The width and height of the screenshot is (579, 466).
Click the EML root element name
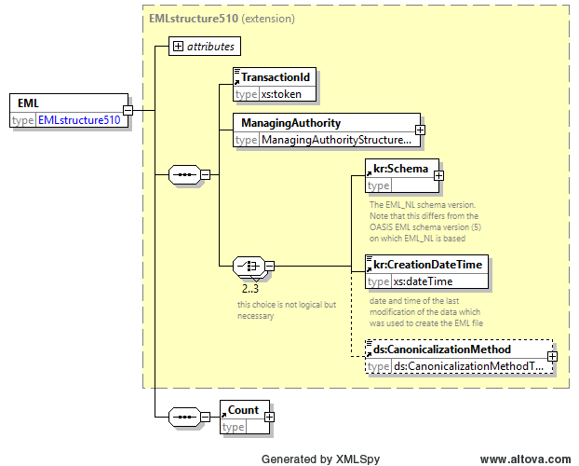coord(29,103)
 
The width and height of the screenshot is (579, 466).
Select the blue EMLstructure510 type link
coord(79,120)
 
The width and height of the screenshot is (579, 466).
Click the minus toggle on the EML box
coord(128,110)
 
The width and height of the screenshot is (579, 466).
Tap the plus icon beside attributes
coord(178,47)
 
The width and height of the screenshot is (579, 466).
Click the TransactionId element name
coord(276,77)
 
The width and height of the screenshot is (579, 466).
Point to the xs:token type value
coord(281,94)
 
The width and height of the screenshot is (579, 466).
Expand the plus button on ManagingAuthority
coord(420,130)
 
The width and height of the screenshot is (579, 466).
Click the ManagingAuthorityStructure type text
coord(336,140)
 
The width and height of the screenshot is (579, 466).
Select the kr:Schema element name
coord(400,169)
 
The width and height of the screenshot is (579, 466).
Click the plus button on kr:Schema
coord(438,175)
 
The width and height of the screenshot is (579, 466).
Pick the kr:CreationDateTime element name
coord(427,265)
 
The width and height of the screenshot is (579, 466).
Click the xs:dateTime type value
coord(424,281)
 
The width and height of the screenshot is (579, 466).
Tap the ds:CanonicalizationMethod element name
coord(442,349)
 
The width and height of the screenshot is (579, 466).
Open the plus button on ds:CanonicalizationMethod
coord(552,357)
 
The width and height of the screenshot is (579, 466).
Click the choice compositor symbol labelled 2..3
coord(249,266)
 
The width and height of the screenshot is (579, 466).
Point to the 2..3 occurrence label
coord(250,289)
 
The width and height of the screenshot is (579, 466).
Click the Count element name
coord(243,410)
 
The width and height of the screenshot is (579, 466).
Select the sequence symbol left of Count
coord(184,418)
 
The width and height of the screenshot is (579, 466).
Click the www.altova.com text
coord(525,459)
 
